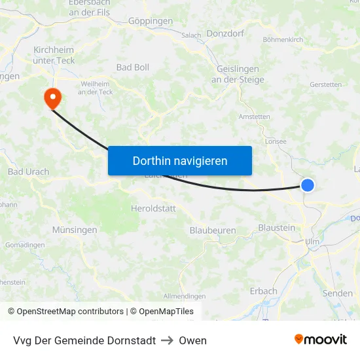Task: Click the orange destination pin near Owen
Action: tap(52, 98)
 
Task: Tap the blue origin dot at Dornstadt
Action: tap(307, 185)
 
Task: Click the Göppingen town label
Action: tap(151, 21)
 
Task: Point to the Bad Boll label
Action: tap(133, 67)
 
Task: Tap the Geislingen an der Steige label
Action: tap(238, 75)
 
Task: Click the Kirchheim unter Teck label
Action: tap(54, 55)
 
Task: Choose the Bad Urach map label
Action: tap(28, 172)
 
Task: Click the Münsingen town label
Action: tap(75, 230)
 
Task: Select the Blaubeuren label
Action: tap(213, 230)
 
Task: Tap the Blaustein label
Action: tap(277, 227)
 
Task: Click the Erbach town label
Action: tap(264, 291)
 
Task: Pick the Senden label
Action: tap(338, 293)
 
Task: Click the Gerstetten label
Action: tap(325, 84)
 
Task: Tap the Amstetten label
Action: tap(255, 117)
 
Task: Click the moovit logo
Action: tap(321, 340)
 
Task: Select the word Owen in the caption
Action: tap(192, 340)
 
